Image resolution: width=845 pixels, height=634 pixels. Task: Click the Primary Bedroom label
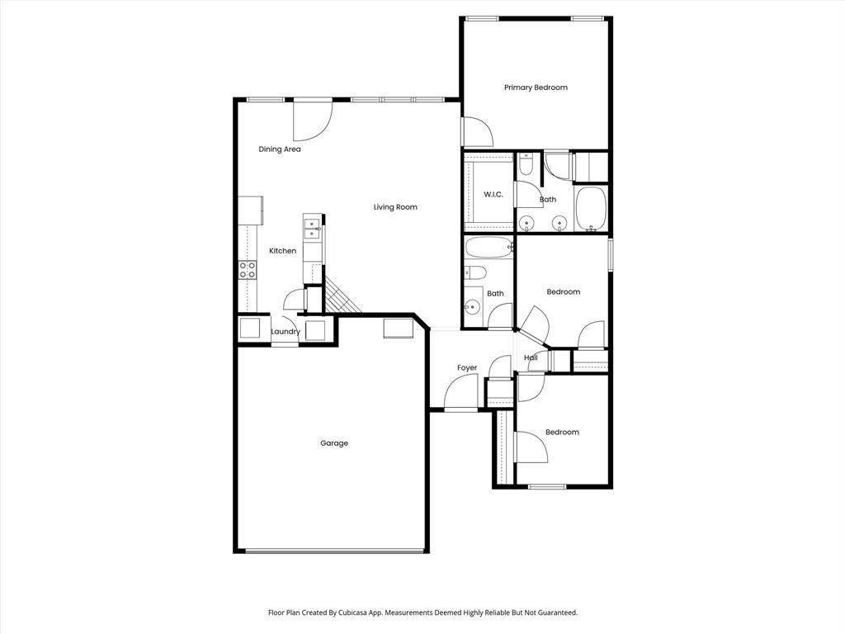(536, 88)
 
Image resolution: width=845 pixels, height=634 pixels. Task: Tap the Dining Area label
(280, 149)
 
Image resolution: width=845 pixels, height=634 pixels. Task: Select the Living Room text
(395, 207)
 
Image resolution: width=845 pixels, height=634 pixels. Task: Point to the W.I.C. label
(493, 195)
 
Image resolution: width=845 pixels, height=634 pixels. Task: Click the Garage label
(334, 443)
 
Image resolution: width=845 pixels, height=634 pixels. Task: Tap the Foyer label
(467, 368)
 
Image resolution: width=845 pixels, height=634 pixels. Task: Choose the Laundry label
(285, 332)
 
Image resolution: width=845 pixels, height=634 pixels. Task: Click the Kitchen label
(282, 251)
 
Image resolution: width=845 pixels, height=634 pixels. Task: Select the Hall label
(531, 357)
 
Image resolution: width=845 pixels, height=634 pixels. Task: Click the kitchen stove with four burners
(248, 270)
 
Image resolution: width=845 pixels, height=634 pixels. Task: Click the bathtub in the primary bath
(591, 209)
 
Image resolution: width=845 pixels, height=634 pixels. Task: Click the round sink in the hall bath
(472, 307)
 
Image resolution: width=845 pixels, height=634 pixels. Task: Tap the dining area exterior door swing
(313, 121)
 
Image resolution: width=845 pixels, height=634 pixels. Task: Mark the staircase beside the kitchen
(342, 296)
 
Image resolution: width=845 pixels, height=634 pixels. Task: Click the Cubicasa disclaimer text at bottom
(422, 613)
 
